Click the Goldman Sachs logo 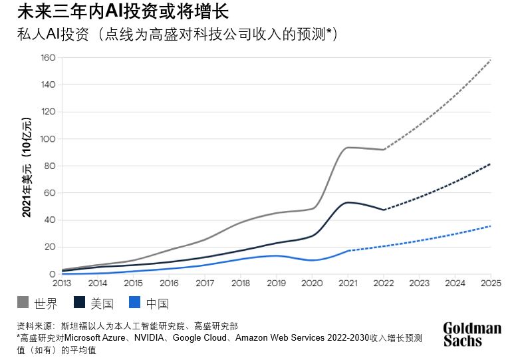coord(472,334)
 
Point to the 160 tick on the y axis coord(47,58)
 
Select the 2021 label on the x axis coord(348,283)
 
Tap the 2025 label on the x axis coord(490,283)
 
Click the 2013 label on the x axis coord(62,283)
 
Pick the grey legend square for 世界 coord(23,304)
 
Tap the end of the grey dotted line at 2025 coord(490,60)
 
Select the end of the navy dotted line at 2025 coord(490,164)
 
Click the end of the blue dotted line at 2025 coord(490,226)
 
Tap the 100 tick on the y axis coord(47,139)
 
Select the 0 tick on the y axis coord(51,274)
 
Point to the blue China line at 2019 coord(276,256)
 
